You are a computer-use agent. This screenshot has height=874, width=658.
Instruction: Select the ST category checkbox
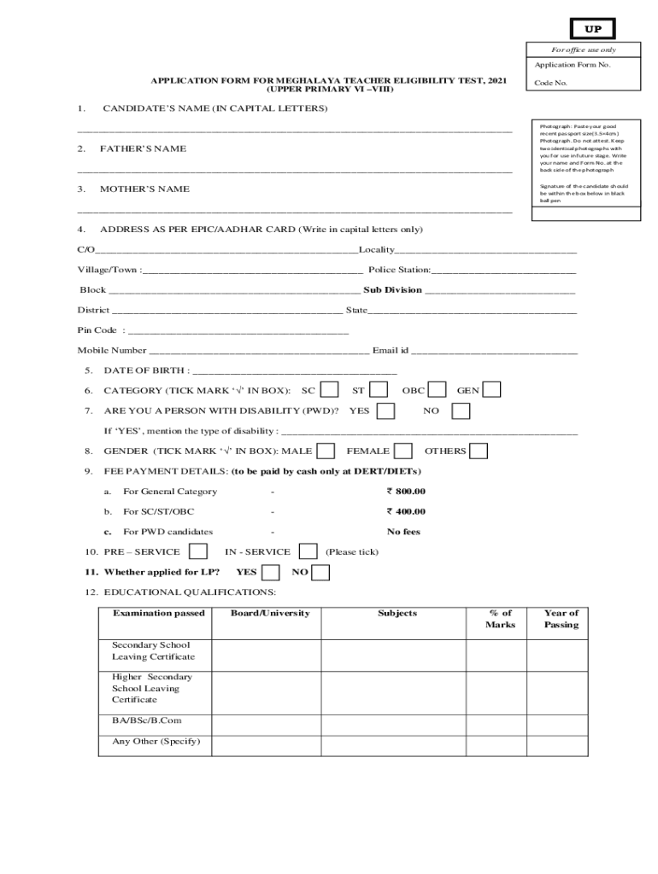click(x=379, y=390)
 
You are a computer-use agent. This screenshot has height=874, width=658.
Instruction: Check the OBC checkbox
click(x=438, y=390)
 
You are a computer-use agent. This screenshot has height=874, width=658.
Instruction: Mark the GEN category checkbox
click(x=492, y=390)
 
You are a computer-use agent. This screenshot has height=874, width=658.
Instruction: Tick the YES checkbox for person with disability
click(x=385, y=411)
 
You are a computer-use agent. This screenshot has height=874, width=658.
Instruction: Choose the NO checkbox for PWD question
click(x=461, y=411)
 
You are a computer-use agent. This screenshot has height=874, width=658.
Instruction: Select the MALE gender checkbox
click(x=326, y=451)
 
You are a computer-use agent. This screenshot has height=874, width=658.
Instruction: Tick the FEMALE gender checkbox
click(x=403, y=451)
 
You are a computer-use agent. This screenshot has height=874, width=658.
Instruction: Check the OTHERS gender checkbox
click(x=479, y=451)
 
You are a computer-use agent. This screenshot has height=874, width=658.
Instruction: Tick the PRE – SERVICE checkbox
click(x=197, y=551)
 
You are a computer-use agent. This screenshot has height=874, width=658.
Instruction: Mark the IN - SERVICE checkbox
click(x=308, y=551)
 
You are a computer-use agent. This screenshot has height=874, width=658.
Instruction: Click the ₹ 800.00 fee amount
click(x=406, y=492)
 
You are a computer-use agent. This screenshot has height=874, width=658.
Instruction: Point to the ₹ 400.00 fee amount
click(x=406, y=512)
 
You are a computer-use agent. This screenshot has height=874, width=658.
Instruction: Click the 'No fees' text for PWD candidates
click(x=403, y=532)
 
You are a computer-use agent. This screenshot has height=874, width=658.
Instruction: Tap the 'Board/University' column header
click(x=270, y=614)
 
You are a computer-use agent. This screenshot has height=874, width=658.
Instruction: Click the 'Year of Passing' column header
click(x=561, y=619)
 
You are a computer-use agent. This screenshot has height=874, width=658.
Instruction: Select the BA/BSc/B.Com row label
click(x=146, y=720)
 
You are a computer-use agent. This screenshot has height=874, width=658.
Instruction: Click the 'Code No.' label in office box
click(x=550, y=84)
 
